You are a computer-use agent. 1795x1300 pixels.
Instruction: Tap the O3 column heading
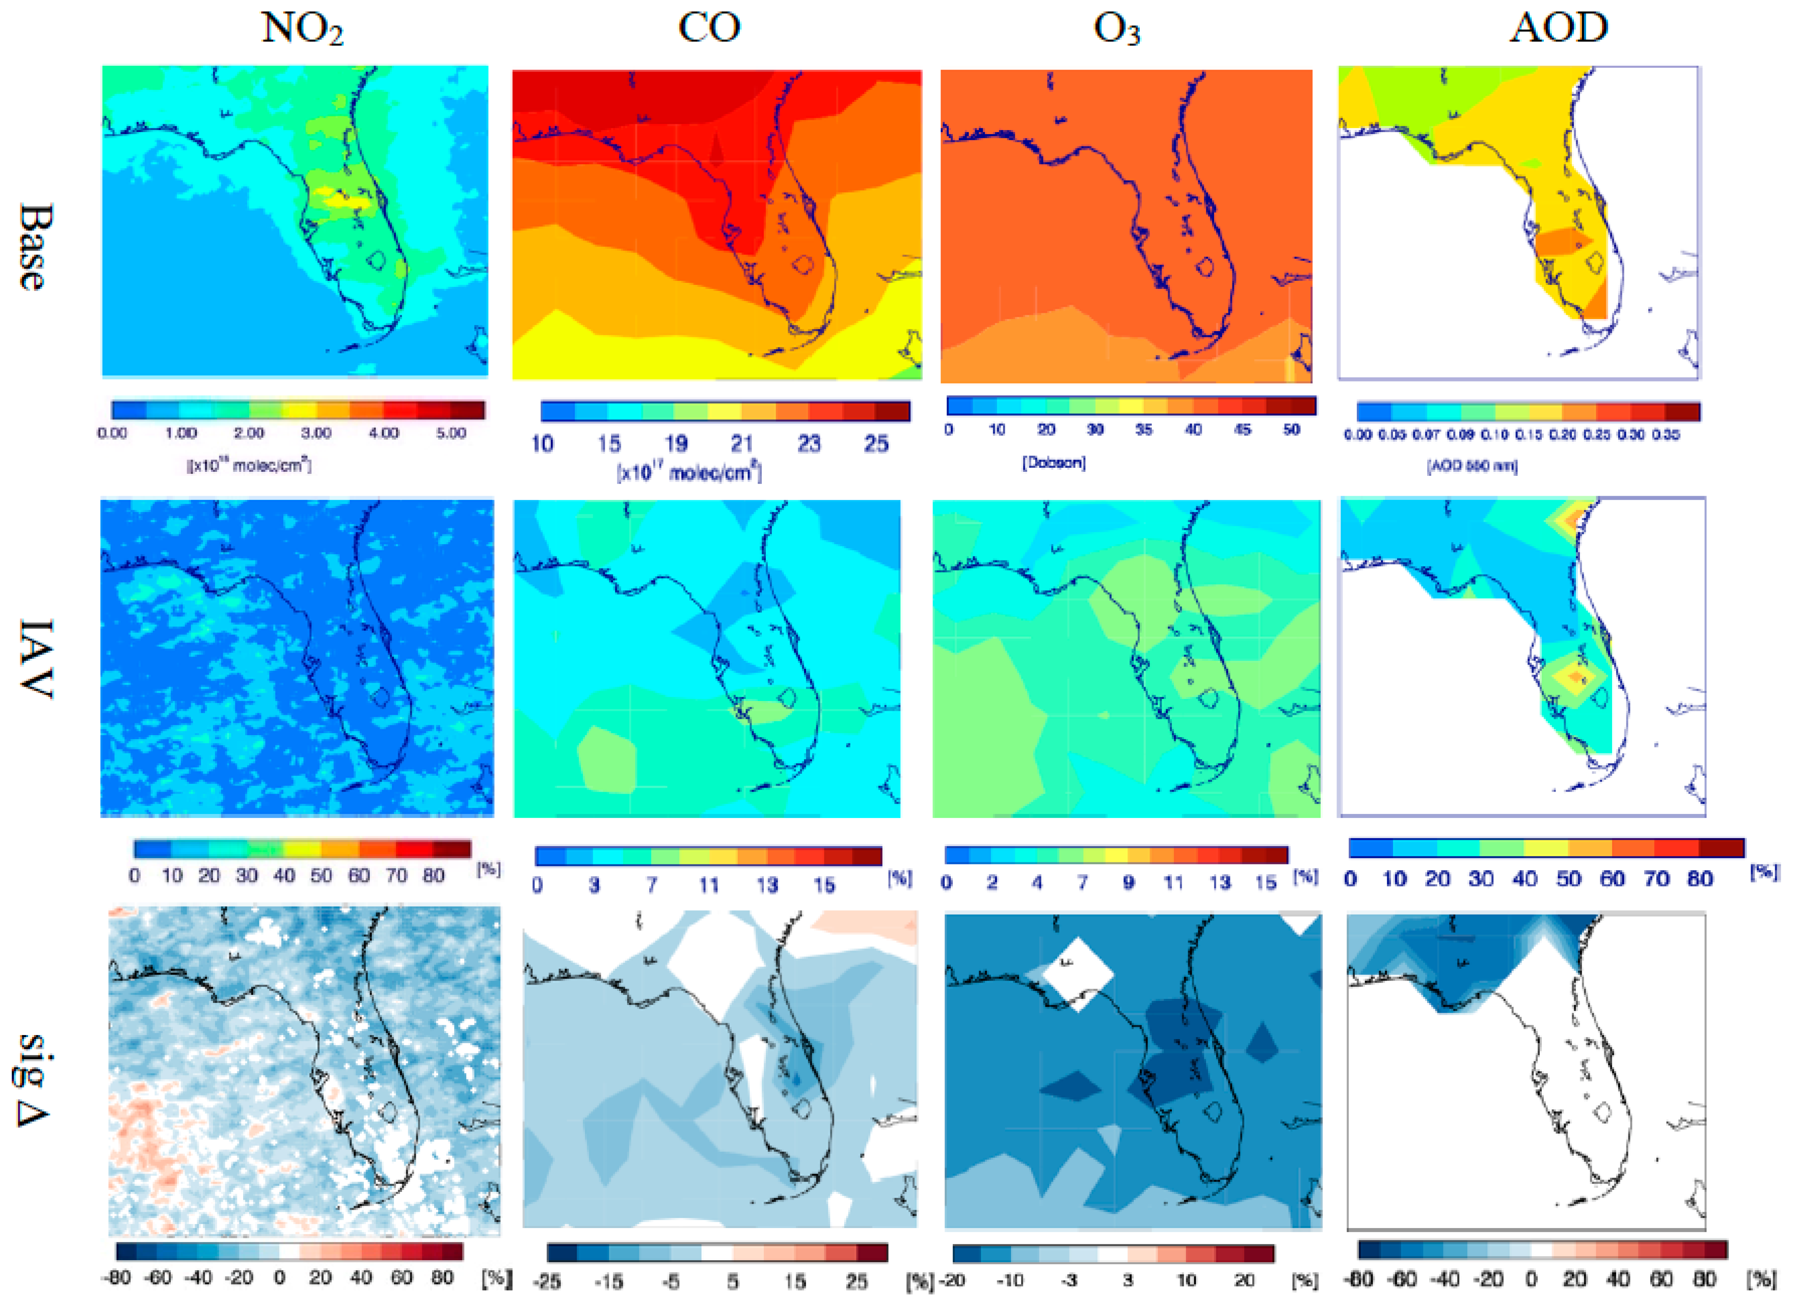click(x=1116, y=29)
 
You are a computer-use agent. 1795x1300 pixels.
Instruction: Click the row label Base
click(x=33, y=247)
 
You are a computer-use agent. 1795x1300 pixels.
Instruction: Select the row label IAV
click(x=33, y=658)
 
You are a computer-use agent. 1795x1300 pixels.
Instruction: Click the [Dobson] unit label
click(x=1054, y=462)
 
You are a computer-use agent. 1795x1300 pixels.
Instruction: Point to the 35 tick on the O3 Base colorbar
click(x=1144, y=430)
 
